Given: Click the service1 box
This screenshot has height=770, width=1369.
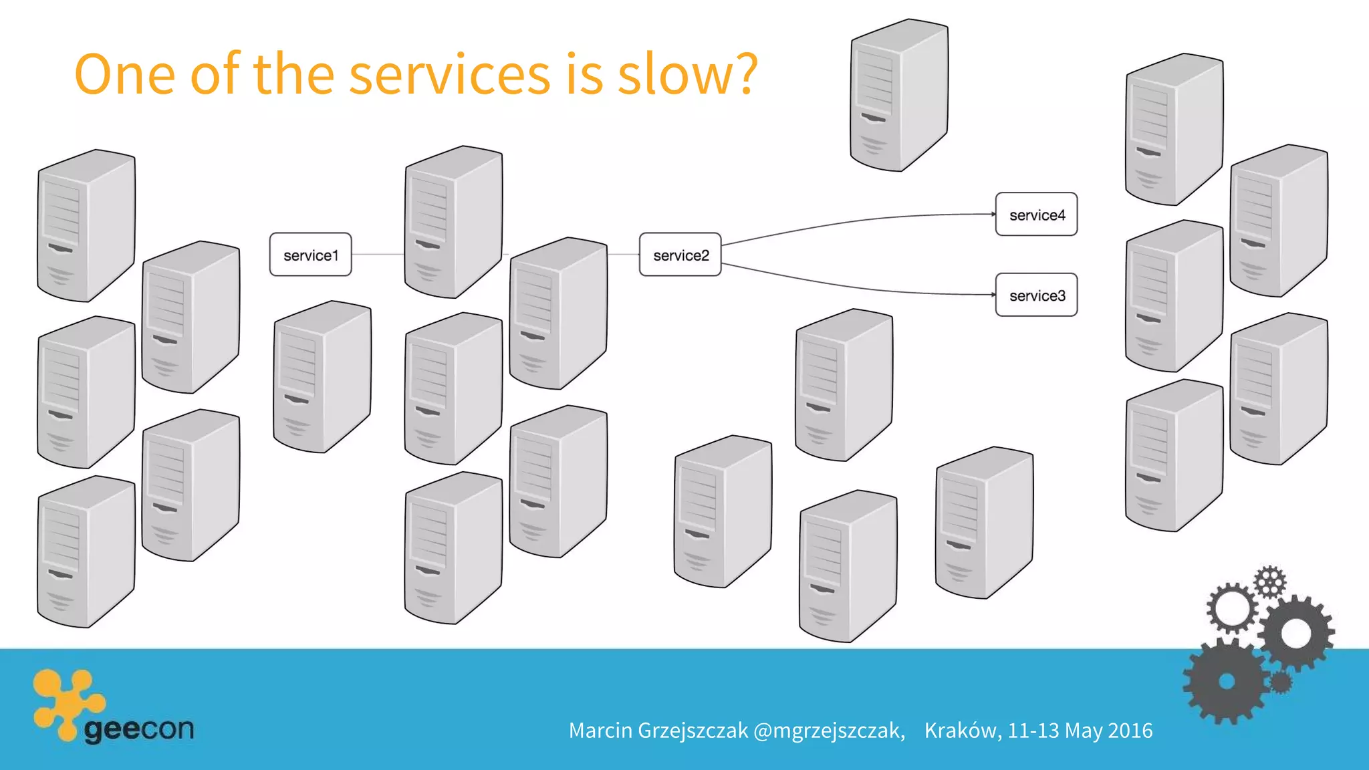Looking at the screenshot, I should pyautogui.click(x=310, y=255).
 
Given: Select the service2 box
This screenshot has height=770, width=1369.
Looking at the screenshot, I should pyautogui.click(x=680, y=255).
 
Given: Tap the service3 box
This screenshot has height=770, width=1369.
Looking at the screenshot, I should pyautogui.click(x=1036, y=295).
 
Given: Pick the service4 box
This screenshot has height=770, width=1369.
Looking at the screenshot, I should pyautogui.click(x=1036, y=215).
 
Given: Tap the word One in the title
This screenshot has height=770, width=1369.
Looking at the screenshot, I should pyautogui.click(x=124, y=74).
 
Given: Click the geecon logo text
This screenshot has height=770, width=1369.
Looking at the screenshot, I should pyautogui.click(x=139, y=728).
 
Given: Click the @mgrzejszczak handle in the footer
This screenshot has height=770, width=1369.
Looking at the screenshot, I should pyautogui.click(x=829, y=731).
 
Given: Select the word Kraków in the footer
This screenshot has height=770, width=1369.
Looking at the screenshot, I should pyautogui.click(x=963, y=731).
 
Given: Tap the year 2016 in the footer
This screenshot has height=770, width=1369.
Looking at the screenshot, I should pyautogui.click(x=1130, y=731).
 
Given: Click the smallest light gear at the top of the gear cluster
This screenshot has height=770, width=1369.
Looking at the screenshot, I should pyautogui.click(x=1269, y=582).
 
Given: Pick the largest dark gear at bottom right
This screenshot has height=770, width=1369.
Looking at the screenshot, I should pyautogui.click(x=1227, y=682).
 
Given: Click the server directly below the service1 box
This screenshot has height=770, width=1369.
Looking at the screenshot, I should pyautogui.click(x=322, y=378).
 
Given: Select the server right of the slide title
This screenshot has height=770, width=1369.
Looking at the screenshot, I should pyautogui.click(x=899, y=95).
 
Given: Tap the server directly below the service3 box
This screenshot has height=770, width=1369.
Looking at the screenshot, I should pyautogui.click(x=984, y=523).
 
